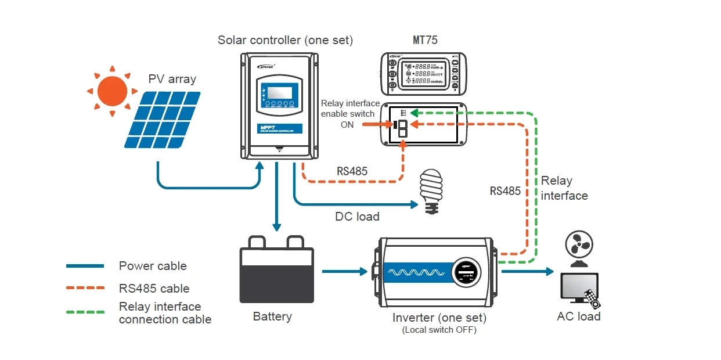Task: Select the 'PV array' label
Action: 172,79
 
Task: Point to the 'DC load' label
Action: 357,217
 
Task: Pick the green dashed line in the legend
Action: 85,311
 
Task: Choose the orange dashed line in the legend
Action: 85,287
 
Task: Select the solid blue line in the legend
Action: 85,266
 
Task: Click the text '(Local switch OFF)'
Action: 439,330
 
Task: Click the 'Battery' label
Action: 272,316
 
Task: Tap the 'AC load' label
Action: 578,316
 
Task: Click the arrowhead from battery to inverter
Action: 364,271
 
